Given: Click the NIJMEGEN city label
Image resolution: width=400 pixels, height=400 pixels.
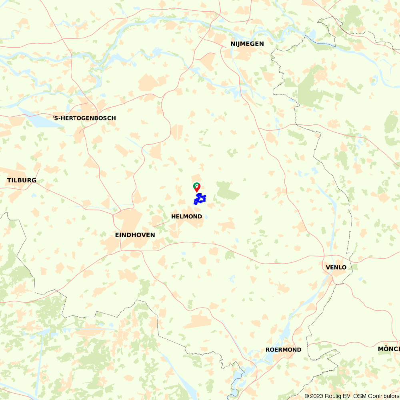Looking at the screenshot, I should coord(247,44).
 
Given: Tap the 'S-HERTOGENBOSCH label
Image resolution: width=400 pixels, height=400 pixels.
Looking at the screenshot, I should coord(84,118).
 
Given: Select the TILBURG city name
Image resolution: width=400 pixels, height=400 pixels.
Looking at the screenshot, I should coord(22,180).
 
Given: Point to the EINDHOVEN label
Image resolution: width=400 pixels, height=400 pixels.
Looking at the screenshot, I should coord(135,235).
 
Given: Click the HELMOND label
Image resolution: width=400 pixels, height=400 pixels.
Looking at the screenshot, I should coord(186,216).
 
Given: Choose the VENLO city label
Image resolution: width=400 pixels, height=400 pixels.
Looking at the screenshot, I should coord(336,267).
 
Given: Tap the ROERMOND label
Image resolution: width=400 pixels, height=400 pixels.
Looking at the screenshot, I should coord(283,350).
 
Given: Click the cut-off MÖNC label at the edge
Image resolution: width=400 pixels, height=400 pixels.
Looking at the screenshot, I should coord(388,349).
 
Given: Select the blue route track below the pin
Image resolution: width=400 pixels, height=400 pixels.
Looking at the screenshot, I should coord(200,199).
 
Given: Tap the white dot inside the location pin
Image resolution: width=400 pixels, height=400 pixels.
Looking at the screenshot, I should coord(197,186).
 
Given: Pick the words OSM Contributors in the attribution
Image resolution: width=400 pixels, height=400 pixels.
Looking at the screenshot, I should coord(376,396).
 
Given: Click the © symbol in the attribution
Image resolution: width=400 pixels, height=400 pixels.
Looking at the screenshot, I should coord(307,396).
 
